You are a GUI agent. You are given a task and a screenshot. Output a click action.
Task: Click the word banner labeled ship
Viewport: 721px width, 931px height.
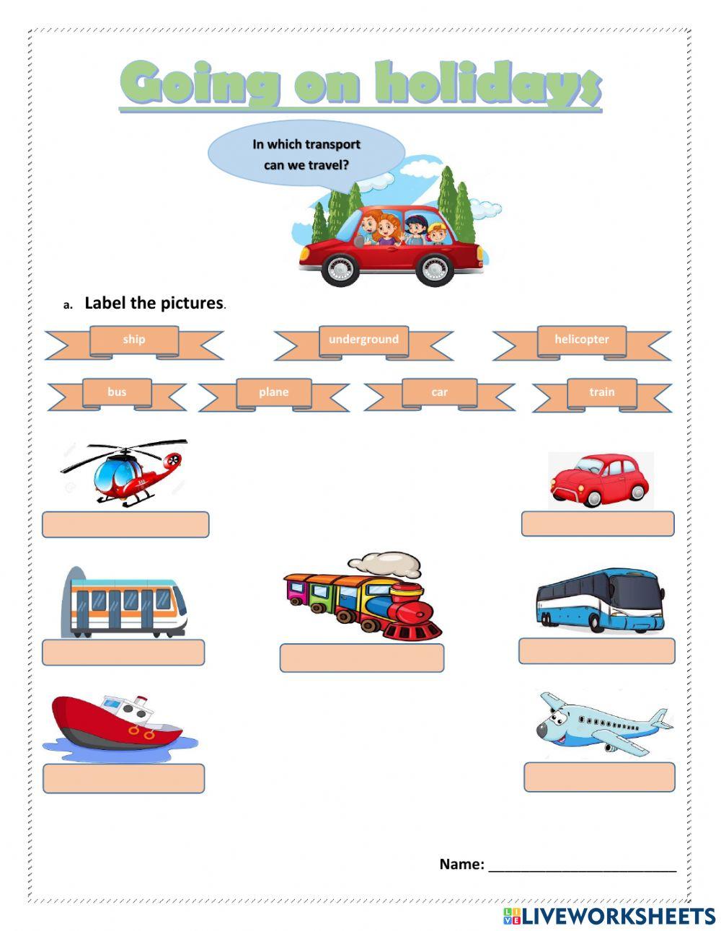point(134,340)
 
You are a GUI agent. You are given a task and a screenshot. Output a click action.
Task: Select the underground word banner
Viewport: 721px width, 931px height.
point(363,340)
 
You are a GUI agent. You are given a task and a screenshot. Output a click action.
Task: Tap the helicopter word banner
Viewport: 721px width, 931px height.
point(581,340)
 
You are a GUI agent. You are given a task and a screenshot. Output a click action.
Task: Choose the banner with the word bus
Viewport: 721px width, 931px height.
point(117,392)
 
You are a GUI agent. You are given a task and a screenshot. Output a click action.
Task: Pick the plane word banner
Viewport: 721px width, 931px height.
point(273,392)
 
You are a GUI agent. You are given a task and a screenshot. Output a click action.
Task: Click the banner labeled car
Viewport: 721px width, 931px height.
point(439,392)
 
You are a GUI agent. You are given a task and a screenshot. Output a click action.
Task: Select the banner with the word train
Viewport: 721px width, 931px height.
point(601,392)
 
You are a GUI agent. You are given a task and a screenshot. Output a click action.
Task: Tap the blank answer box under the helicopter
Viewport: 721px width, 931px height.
point(125,525)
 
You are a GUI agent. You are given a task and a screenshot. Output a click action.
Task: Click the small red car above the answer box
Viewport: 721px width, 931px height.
point(600,479)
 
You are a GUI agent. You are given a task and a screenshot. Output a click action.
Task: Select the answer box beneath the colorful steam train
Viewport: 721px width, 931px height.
point(362,658)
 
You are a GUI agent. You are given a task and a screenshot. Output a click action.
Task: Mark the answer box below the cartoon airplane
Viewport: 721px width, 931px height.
point(599,777)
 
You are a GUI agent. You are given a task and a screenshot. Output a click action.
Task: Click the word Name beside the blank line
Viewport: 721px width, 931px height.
point(461,864)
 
